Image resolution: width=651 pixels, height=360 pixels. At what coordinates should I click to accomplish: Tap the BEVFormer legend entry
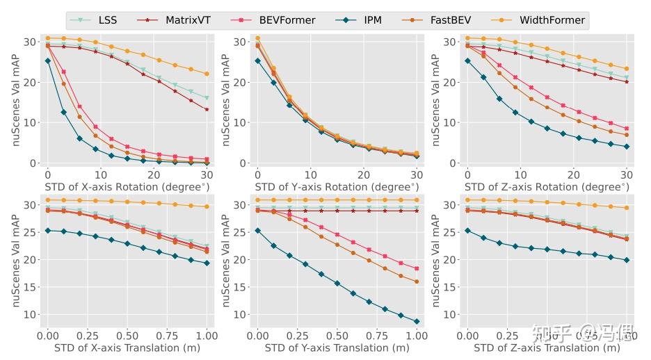(287, 20)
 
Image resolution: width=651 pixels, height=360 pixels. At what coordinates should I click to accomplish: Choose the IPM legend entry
(371, 20)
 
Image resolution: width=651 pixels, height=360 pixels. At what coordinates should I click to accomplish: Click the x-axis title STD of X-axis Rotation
(127, 186)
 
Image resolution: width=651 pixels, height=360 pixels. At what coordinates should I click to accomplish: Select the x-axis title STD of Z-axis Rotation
(547, 186)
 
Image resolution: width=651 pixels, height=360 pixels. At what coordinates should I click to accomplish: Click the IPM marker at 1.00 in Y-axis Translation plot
(417, 321)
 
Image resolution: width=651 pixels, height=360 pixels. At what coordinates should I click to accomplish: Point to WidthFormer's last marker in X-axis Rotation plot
(207, 74)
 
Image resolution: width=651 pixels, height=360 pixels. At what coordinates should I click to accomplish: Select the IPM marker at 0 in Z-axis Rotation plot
(467, 60)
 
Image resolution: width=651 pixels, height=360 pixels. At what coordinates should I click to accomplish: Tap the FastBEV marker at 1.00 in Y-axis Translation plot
(417, 281)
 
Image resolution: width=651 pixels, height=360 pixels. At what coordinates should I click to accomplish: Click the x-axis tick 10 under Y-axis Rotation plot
(310, 173)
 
